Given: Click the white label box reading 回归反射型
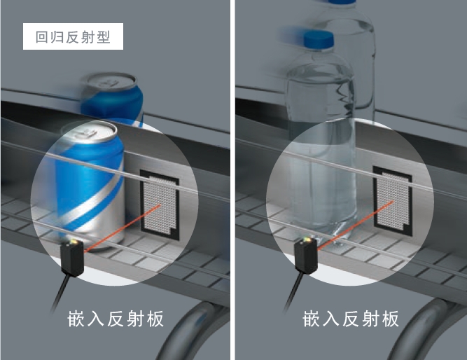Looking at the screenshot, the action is click(x=73, y=36).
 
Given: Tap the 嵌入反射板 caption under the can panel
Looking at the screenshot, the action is click(x=116, y=319).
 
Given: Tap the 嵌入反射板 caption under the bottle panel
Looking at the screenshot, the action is click(x=351, y=319).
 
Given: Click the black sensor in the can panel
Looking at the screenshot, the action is click(x=72, y=258).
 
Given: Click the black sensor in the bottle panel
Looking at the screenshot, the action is click(x=306, y=255).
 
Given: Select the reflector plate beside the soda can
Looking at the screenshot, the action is click(x=160, y=205).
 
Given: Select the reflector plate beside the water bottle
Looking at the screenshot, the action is click(x=393, y=201).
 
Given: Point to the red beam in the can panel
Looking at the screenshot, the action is click(x=123, y=228).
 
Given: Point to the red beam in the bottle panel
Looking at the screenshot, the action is click(x=356, y=225).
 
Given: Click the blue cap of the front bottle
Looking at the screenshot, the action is click(x=319, y=40).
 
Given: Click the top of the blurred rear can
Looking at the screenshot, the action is click(x=109, y=81).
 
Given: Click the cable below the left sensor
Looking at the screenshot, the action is click(x=62, y=293).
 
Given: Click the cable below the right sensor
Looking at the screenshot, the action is click(x=295, y=291).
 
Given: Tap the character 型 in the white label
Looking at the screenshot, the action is click(x=104, y=37).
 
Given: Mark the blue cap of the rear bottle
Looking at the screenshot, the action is click(x=342, y=2).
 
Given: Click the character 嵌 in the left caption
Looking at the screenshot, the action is click(x=76, y=319).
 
